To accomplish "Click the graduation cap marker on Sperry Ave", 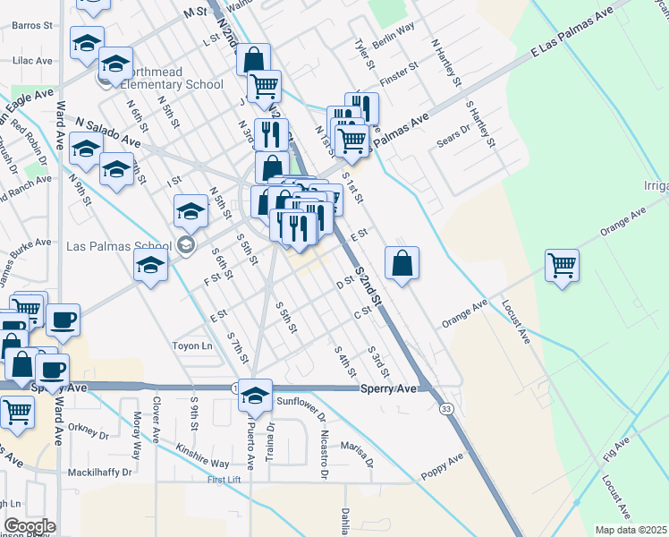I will (256, 396).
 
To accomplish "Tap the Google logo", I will (30, 526).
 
